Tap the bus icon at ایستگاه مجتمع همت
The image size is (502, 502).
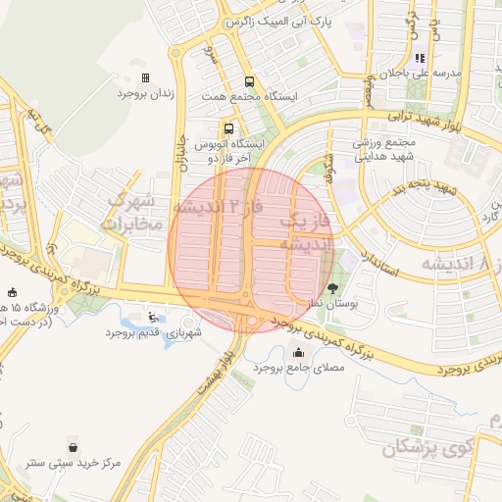tap(248, 82)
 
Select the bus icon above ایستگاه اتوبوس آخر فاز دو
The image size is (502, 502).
tap(228, 128)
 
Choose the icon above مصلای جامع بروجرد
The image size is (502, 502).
tap(298, 353)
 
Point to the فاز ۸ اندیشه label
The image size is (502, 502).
tap(461, 263)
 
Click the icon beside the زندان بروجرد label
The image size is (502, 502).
tap(145, 77)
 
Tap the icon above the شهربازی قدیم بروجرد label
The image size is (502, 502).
tap(152, 317)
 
